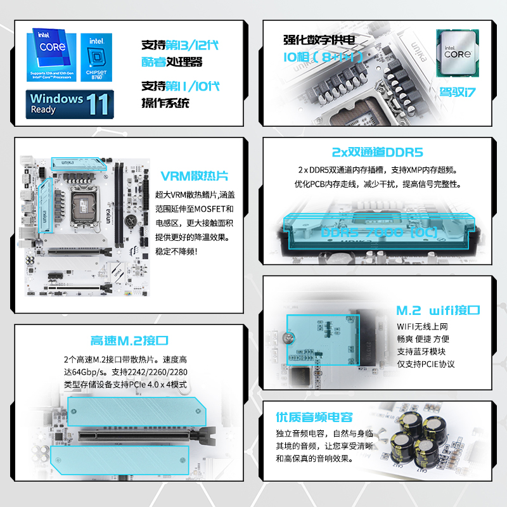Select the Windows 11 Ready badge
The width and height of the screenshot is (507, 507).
click(70, 104)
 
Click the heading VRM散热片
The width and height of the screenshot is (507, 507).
click(195, 176)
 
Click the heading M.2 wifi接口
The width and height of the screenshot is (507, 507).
click(438, 311)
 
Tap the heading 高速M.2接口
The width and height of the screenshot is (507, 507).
click(129, 340)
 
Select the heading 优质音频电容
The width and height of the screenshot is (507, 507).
click(314, 417)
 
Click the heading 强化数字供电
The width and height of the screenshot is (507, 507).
click(319, 40)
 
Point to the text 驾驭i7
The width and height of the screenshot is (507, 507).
click(458, 91)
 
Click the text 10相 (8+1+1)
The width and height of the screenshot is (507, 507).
click(323, 58)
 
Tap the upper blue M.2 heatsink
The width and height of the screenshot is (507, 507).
click(136, 412)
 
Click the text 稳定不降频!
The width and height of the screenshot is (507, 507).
click(177, 252)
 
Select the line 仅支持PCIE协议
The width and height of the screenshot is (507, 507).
click(426, 364)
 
